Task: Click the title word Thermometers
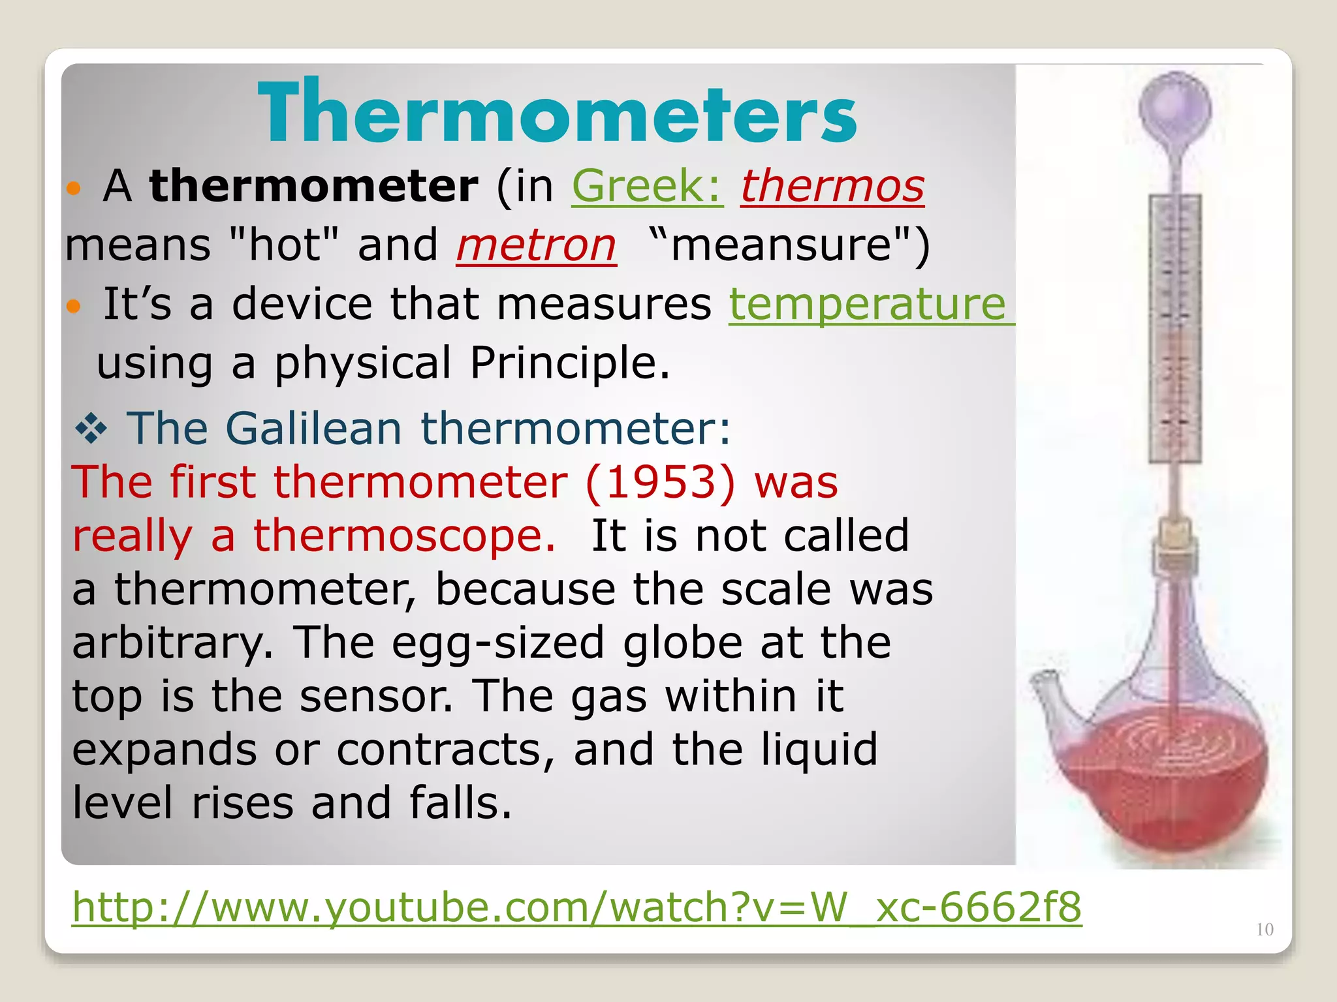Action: point(557,112)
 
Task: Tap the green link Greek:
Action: point(647,187)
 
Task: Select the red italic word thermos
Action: point(832,187)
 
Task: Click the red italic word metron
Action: point(536,246)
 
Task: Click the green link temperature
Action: point(868,305)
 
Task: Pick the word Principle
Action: point(569,363)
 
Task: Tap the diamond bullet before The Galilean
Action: point(91,430)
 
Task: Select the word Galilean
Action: point(313,429)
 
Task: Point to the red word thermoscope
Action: point(404,536)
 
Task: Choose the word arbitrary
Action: point(172,643)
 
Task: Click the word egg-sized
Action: point(498,643)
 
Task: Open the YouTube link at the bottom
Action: point(576,907)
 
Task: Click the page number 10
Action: point(1265,930)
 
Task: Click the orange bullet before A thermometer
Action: point(74,189)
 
